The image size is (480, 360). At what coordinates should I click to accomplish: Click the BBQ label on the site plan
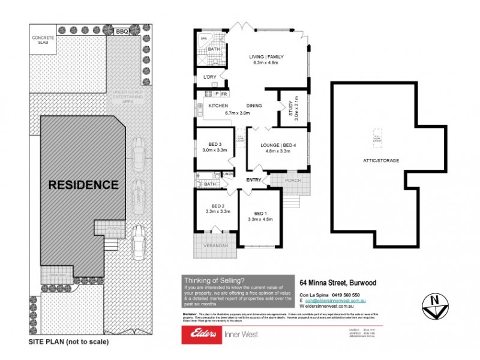click(x=122, y=31)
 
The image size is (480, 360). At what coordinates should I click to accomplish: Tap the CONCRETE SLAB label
click(x=43, y=39)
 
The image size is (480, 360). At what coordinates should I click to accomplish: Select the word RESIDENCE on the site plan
click(x=83, y=185)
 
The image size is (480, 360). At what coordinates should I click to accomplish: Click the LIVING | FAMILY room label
click(x=266, y=57)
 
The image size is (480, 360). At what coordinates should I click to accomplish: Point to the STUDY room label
click(x=290, y=109)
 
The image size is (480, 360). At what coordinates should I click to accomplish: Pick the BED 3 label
click(x=215, y=144)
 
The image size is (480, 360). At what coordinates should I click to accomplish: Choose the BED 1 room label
click(x=260, y=213)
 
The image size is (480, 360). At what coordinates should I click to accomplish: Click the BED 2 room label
click(x=218, y=206)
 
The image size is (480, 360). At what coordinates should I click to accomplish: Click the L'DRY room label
click(x=210, y=77)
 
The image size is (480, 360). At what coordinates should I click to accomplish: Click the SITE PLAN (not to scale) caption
click(x=68, y=342)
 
